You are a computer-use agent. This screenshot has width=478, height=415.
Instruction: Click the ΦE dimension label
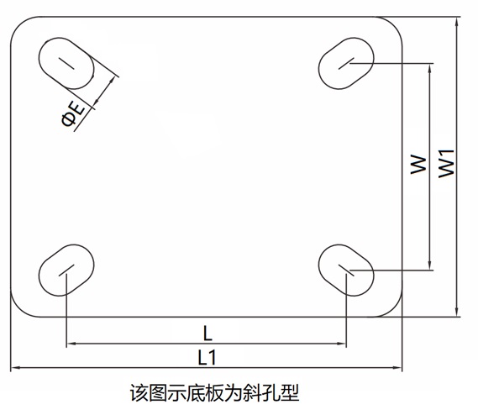pyautogui.click(x=73, y=114)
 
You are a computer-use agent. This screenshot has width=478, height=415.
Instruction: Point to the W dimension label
pyautogui.click(x=418, y=165)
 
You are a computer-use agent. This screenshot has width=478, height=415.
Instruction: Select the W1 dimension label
pyautogui.click(x=446, y=164)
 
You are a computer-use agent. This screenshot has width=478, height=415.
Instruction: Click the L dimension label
pyautogui.click(x=207, y=334)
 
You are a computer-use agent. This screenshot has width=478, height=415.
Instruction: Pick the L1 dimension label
pyautogui.click(x=207, y=357)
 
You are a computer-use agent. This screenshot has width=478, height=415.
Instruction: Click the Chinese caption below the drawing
pyautogui.click(x=214, y=393)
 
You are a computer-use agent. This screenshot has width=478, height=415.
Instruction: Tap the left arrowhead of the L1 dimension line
pyautogui.click(x=14, y=368)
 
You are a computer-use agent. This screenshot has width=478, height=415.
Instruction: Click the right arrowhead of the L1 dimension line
pyautogui.click(x=398, y=368)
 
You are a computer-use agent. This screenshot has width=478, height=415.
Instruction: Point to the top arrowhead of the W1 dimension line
pyautogui.click(x=456, y=21)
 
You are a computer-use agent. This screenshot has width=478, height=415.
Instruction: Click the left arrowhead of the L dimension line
pyautogui.click(x=71, y=344)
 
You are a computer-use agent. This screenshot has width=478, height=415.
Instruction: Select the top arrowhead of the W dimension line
pyautogui.click(x=430, y=68)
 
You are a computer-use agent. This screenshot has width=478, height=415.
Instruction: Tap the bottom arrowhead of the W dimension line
pyautogui.click(x=430, y=265)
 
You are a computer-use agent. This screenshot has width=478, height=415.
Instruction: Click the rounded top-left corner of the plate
pyautogui.click(x=18, y=25)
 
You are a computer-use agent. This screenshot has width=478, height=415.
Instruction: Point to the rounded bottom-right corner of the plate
pyautogui.click(x=394, y=308)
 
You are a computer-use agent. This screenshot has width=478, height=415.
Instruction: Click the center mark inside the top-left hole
pyautogui.click(x=66, y=63)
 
